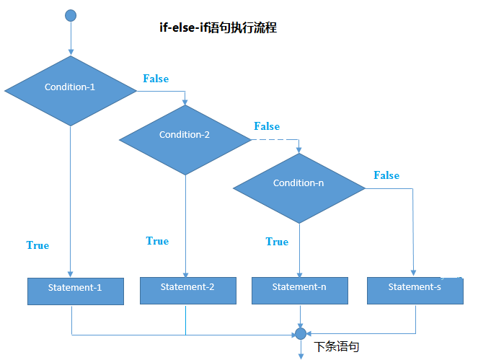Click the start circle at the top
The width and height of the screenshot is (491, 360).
point(71,15)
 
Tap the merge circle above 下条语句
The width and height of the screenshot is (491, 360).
point(301,333)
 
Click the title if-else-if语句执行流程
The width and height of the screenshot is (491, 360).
point(218,28)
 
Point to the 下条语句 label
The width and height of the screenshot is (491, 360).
point(337,347)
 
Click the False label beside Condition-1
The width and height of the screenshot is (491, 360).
point(156,79)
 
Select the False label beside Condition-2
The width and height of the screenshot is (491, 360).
point(267,126)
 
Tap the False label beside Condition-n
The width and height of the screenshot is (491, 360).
point(386,175)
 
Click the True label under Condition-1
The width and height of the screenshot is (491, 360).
point(37,245)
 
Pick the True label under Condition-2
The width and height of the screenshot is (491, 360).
point(157,241)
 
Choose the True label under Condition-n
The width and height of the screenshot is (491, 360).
point(277,242)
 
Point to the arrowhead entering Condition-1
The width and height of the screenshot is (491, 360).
point(71,52)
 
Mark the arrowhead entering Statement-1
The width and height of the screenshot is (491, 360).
point(71,274)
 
